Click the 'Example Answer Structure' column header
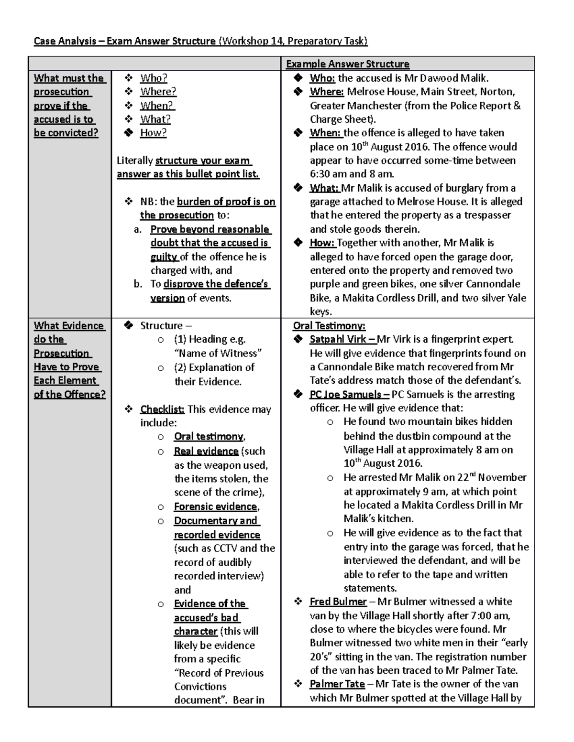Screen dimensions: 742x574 pyautogui.click(x=347, y=64)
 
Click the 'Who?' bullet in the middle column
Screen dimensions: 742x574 pyautogui.click(x=154, y=78)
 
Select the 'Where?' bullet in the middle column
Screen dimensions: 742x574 pyautogui.click(x=158, y=91)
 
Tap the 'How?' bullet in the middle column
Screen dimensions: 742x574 pyautogui.click(x=153, y=133)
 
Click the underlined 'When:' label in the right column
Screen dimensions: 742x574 pyautogui.click(x=325, y=133)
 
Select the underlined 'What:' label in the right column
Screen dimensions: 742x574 pyautogui.click(x=324, y=188)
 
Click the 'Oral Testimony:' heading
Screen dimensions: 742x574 pyautogui.click(x=329, y=326)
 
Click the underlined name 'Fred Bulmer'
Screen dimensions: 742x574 pyautogui.click(x=338, y=602)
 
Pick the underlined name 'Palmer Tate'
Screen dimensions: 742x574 pyautogui.click(x=337, y=684)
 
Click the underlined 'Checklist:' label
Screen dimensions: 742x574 pyautogui.click(x=162, y=409)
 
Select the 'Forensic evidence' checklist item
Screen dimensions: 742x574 pyautogui.click(x=216, y=507)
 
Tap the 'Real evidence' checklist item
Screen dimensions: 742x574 pyautogui.click(x=206, y=452)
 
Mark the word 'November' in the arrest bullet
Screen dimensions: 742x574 pyautogui.click(x=502, y=478)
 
